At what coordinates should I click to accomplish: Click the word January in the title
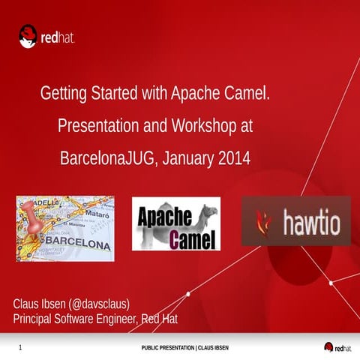tap(189, 159)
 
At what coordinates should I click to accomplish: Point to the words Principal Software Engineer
tap(75, 320)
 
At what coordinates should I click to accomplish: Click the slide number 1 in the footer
tap(20, 348)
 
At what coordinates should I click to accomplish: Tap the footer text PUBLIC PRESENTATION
tap(166, 348)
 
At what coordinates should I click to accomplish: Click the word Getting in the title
tap(63, 95)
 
